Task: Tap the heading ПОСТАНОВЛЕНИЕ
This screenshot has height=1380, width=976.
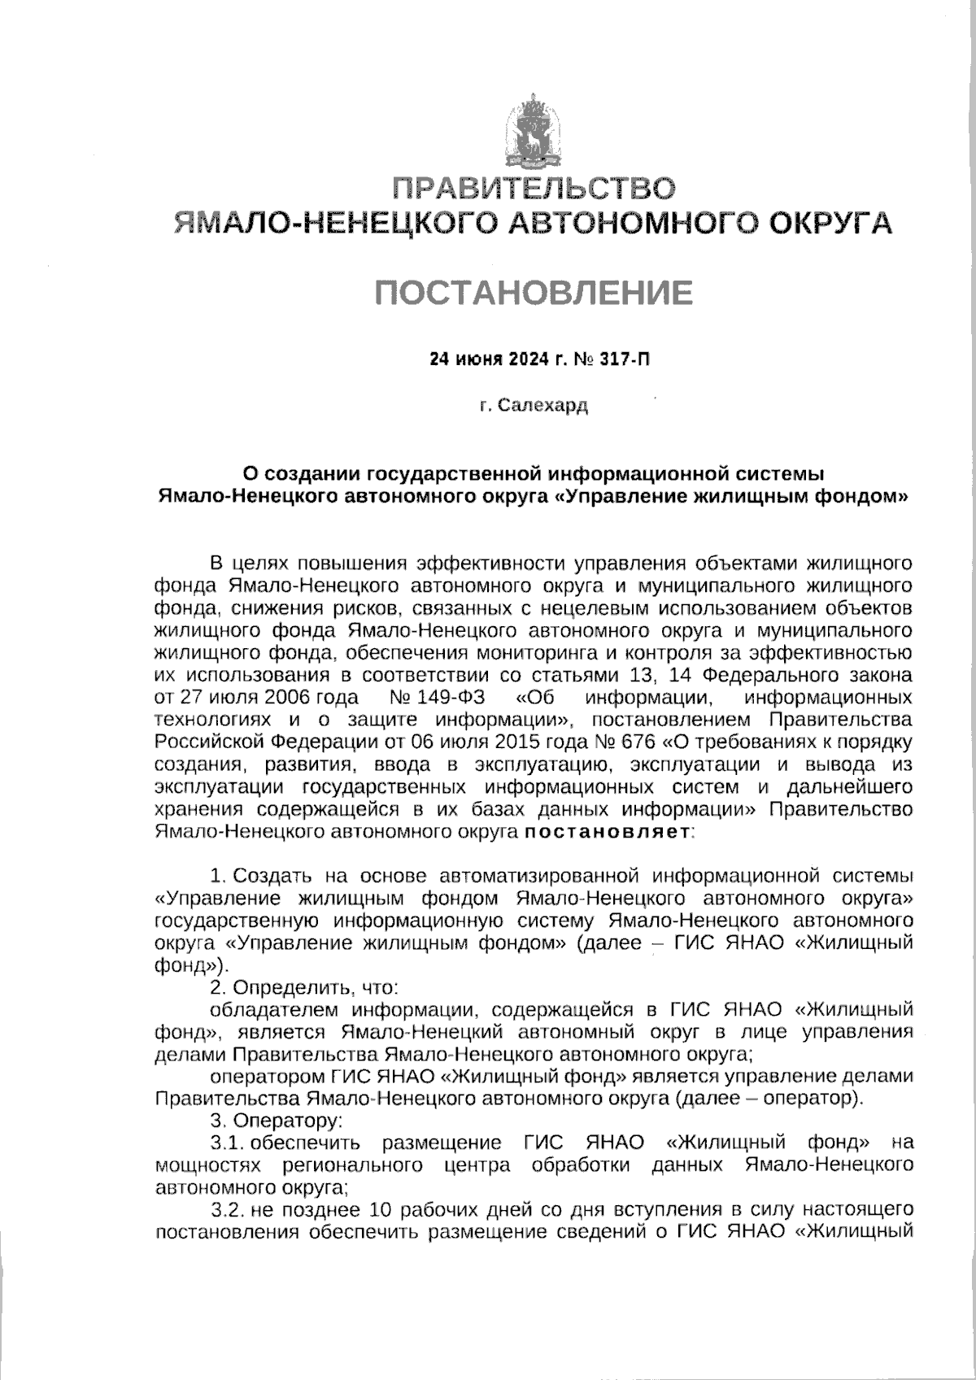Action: click(x=534, y=292)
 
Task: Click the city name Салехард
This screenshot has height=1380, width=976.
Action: click(x=542, y=404)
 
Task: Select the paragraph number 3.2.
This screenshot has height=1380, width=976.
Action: click(x=229, y=1209)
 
